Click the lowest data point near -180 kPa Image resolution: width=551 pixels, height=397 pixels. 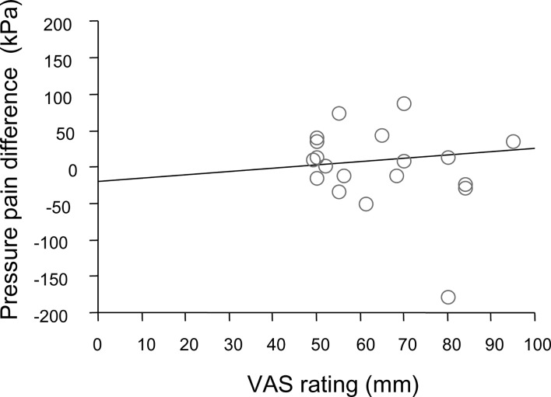(x=448, y=297)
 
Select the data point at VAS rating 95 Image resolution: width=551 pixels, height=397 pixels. (x=513, y=141)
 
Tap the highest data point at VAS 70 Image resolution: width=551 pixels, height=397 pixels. (x=404, y=103)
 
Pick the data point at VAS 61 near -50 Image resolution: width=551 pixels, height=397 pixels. (x=366, y=204)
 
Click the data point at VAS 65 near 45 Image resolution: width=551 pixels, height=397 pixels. (x=382, y=135)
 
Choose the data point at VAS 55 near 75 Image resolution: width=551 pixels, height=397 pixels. (x=339, y=113)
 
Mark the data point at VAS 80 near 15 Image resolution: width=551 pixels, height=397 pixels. (x=448, y=157)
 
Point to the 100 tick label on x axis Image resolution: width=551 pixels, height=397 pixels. (x=534, y=342)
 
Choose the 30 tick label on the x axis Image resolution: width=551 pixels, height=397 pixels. (x=229, y=342)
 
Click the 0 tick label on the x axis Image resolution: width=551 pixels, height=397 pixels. (x=97, y=342)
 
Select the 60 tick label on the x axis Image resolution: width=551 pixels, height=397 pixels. (x=360, y=342)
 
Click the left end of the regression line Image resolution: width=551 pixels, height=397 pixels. (x=99, y=181)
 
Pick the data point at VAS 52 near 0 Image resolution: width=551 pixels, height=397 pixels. (x=325, y=165)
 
